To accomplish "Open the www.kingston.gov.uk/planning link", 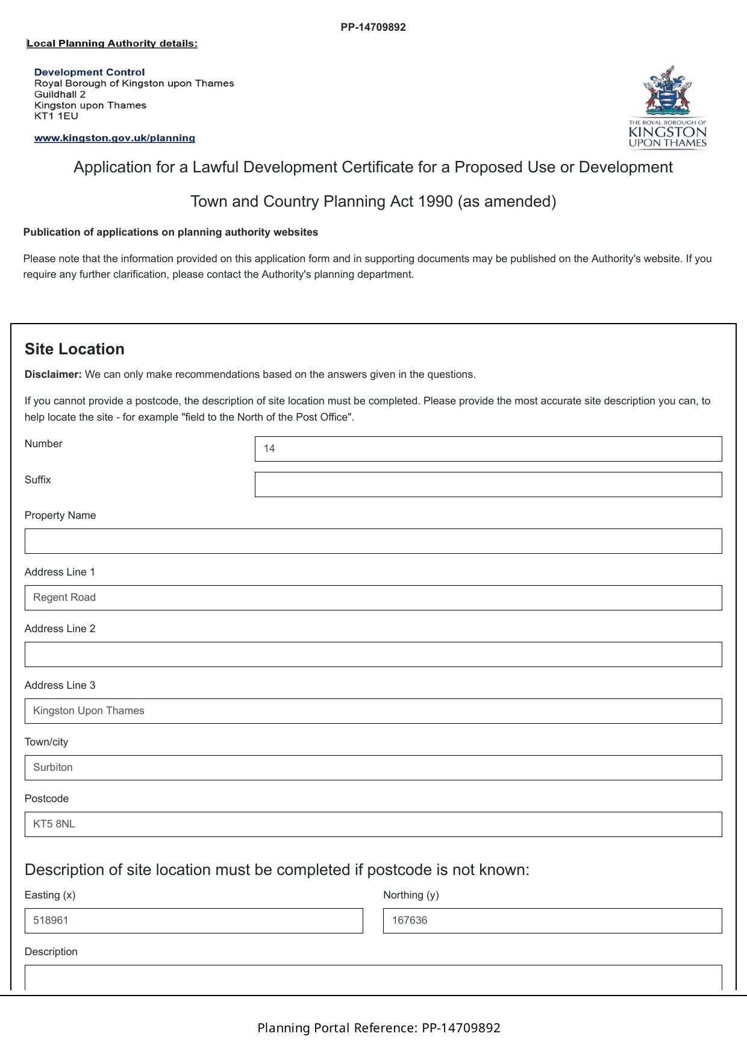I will [114, 138].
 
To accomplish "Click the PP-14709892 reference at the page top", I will [373, 27].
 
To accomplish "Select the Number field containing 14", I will [488, 449].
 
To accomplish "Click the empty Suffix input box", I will [488, 485].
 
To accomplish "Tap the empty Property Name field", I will [373, 541].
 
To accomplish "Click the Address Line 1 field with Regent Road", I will [373, 598].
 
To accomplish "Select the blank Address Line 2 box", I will [373, 654].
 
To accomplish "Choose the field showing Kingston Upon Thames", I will [373, 711].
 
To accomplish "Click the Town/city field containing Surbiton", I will [373, 768].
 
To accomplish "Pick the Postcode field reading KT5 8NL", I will [373, 824].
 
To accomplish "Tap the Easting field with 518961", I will [193, 921].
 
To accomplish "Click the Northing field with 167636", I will [552, 921].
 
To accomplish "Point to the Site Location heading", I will [75, 350].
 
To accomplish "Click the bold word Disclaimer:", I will [53, 374].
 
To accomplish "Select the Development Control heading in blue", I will [90, 72].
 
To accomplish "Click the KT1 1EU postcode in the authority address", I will [56, 116].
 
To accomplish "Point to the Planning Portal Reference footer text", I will [379, 1028].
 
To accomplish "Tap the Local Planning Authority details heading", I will [113, 43].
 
